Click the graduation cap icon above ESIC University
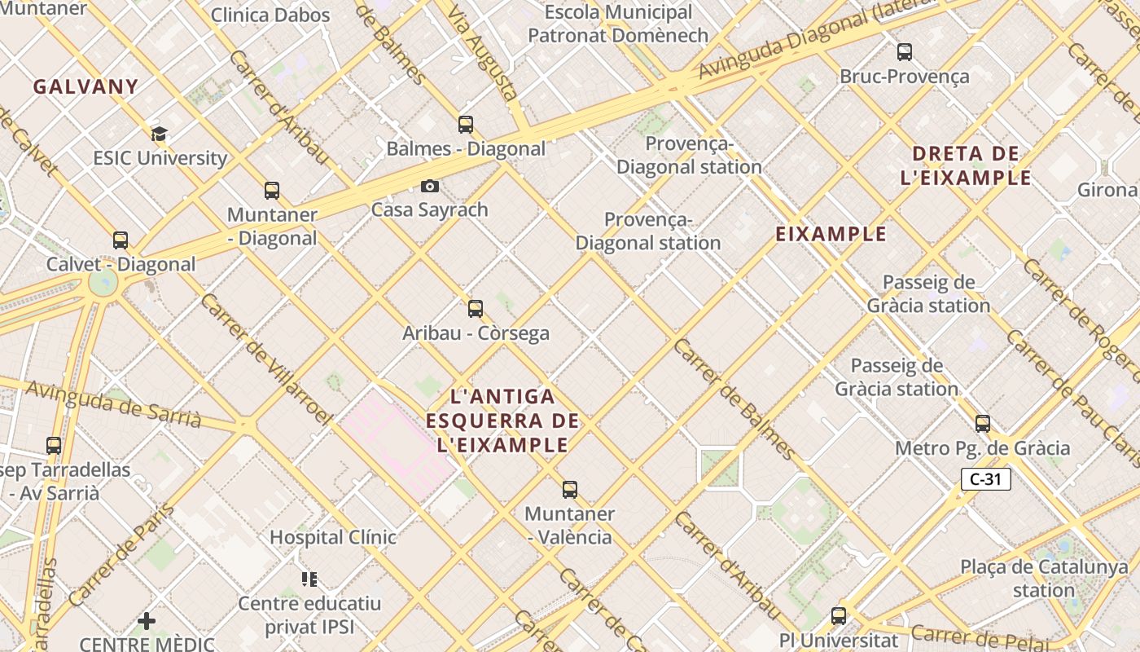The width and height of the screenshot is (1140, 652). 159,134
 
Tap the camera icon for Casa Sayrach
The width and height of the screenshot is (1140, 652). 429,187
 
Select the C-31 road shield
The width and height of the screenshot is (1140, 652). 985,479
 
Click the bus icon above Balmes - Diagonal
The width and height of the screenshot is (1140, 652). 466,125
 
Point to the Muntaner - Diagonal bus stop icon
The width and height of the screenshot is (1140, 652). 272,191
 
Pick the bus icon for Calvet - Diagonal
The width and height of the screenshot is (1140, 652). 121,240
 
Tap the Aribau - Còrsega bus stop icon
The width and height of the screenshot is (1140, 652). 476,309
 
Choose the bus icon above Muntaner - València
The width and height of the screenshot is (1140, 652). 570,490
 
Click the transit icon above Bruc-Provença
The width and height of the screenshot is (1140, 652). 905,52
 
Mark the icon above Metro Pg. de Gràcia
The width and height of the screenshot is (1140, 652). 983,424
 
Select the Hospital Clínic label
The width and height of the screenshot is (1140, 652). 333,537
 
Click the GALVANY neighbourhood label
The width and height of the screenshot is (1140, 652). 85,86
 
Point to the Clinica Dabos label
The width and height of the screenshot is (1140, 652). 270,15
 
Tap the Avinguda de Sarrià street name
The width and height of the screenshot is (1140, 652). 113,403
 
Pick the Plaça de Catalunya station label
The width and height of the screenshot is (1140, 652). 1044,578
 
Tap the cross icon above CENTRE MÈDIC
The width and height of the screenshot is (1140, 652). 147,621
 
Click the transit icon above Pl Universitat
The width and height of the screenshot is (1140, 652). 839,616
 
